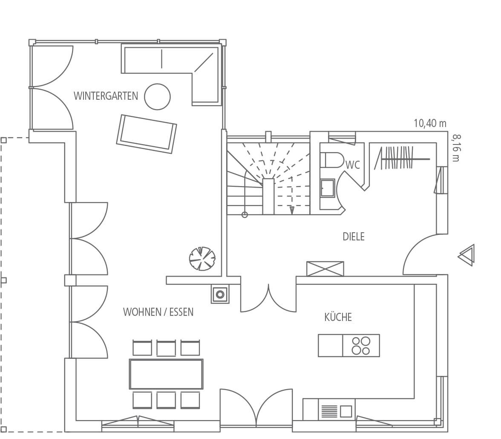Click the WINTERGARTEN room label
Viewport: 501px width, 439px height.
[x=106, y=96]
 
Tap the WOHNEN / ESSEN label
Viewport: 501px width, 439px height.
[x=158, y=312]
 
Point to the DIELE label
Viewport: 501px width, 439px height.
[x=354, y=237]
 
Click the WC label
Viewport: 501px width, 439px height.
[x=353, y=165]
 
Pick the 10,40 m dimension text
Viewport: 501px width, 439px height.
[x=430, y=123]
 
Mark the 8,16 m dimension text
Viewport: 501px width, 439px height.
[x=457, y=148]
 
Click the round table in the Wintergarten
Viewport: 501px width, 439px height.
[x=157, y=97]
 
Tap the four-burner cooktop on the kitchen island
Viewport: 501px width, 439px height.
[x=361, y=345]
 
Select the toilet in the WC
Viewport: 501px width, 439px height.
[x=331, y=160]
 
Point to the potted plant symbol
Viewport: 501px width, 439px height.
[x=202, y=258]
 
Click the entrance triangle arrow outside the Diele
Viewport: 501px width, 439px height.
[x=467, y=255]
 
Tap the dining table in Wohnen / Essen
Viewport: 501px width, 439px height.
[x=166, y=374]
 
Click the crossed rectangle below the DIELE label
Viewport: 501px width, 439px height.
[x=325, y=269]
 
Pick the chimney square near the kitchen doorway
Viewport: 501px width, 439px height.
[x=220, y=294]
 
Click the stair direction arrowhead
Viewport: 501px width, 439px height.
[x=292, y=210]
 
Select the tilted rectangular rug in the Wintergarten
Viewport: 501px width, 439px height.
[x=147, y=134]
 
